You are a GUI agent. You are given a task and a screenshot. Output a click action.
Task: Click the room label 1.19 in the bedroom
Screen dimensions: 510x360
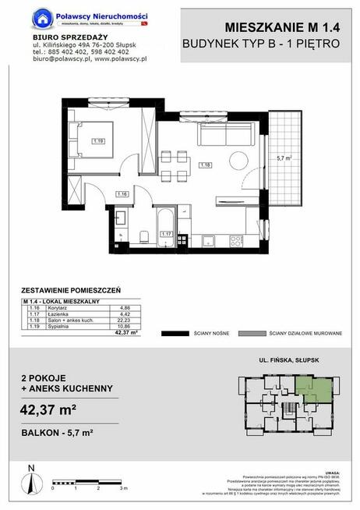point(97,141)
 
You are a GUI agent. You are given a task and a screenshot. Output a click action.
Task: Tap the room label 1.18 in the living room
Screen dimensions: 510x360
point(205,165)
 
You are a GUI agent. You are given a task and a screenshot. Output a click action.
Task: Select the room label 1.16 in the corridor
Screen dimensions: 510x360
point(122,193)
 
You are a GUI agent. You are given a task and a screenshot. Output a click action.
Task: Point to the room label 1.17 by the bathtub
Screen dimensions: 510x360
point(165,232)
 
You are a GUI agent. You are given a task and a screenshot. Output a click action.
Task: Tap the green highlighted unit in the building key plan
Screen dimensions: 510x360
point(312,388)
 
